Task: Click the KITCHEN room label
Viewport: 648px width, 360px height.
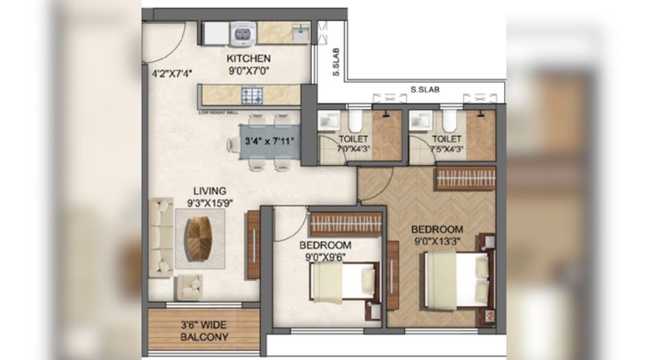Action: pos(248,58)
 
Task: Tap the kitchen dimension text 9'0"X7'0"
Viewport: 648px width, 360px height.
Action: pos(248,69)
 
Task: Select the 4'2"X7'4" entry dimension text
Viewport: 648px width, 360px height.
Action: pos(167,70)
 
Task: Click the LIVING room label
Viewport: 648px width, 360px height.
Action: pos(209,191)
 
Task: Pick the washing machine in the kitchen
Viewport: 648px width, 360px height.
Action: pos(242,32)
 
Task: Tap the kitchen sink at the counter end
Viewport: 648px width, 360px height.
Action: pos(299,32)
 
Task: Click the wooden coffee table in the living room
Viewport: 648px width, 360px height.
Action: pos(200,237)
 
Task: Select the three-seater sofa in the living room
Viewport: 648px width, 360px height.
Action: pos(161,237)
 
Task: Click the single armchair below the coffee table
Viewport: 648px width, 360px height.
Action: pos(190,286)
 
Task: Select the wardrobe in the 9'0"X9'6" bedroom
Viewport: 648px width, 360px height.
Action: pos(346,224)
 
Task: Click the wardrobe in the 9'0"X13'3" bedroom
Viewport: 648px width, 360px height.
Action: pos(465,178)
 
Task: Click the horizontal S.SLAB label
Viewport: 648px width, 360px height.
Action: pos(425,89)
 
